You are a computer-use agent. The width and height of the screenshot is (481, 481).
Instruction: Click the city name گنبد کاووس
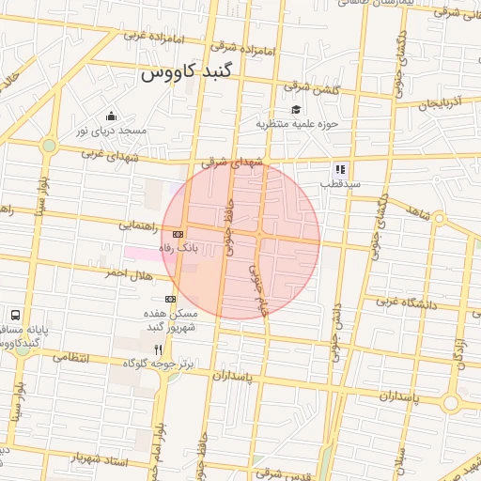[199, 72]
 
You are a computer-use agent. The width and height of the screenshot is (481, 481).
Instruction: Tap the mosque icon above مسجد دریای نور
[112, 116]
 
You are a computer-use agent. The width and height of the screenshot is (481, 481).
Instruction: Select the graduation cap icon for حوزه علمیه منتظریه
[297, 109]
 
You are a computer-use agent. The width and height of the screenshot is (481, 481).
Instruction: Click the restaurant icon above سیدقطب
[339, 170]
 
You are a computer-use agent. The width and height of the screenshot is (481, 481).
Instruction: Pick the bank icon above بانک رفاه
[178, 234]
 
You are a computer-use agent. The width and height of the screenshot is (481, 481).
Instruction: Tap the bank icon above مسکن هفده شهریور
[170, 299]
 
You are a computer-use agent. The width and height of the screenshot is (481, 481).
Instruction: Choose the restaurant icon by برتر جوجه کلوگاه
[170, 348]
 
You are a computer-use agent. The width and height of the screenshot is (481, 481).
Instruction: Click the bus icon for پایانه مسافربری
[16, 315]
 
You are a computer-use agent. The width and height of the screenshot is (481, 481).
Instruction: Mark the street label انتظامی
[71, 358]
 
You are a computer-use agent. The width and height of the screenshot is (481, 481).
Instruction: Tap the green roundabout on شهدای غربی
[49, 146]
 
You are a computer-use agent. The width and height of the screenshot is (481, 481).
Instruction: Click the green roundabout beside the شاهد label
[439, 219]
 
